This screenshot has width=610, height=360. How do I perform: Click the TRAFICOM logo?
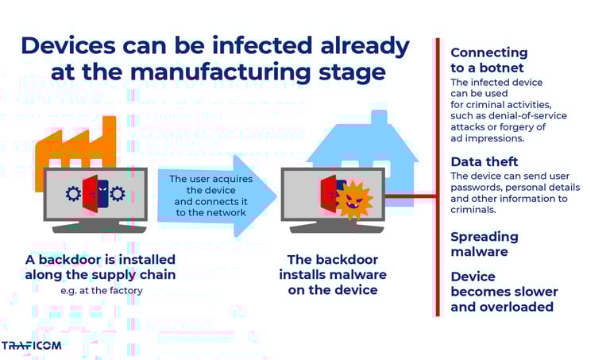click(x=31, y=346)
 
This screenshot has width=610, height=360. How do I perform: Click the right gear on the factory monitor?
click(x=118, y=193)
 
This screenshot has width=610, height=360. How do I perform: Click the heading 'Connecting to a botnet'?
click(x=488, y=60)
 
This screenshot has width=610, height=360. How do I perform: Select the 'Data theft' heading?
click(x=484, y=162)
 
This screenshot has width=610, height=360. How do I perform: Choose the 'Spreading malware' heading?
click(x=484, y=244)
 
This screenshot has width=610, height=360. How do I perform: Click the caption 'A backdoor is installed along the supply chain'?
click(x=100, y=267)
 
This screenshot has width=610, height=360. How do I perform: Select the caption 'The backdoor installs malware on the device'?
click(x=332, y=275)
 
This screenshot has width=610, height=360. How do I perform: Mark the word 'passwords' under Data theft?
click(x=474, y=188)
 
